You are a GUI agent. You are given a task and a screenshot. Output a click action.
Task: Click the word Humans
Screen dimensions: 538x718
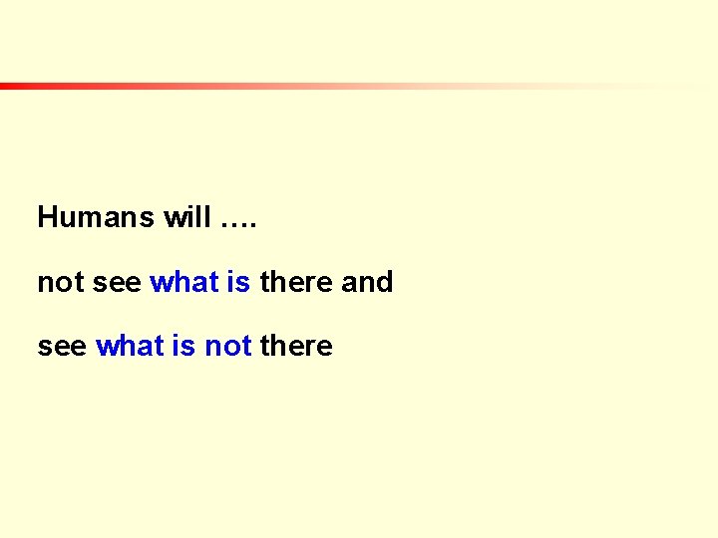pyautogui.click(x=96, y=218)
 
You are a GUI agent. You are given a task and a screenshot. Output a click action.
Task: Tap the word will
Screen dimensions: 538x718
pyautogui.click(x=186, y=218)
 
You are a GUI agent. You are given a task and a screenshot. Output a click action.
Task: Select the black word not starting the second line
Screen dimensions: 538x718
pyautogui.click(x=60, y=283)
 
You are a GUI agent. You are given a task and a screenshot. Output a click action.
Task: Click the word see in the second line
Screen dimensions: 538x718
pyautogui.click(x=117, y=284)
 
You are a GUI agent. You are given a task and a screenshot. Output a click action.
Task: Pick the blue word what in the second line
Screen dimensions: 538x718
pyautogui.click(x=183, y=283)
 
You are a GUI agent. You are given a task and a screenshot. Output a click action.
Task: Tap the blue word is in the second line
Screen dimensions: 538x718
pyautogui.click(x=238, y=283)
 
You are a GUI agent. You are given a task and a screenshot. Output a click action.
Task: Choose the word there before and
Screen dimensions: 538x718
pyautogui.click(x=296, y=283)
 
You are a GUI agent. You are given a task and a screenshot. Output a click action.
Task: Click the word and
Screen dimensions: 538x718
pyautogui.click(x=367, y=283)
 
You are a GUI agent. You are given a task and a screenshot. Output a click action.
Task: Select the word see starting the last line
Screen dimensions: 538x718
pyautogui.click(x=61, y=348)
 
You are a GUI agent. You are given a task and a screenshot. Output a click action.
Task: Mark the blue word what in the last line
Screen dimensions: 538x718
pyautogui.click(x=130, y=347)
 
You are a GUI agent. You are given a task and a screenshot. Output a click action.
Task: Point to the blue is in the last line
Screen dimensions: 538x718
pyautogui.click(x=184, y=347)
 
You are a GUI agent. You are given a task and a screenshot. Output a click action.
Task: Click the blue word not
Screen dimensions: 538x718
pyautogui.click(x=227, y=347)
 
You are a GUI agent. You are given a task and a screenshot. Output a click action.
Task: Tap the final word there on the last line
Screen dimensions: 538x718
pyautogui.click(x=296, y=347)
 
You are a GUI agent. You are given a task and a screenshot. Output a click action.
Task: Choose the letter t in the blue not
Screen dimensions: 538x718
pyautogui.click(x=246, y=347)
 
